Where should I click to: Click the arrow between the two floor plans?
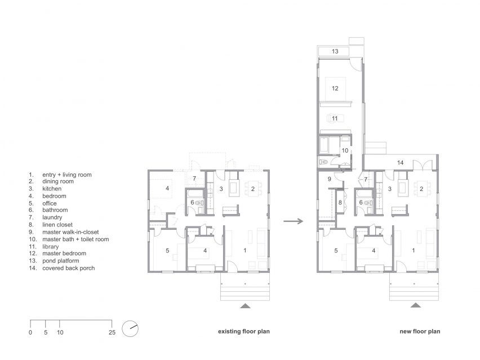293,221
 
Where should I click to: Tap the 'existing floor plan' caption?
244,331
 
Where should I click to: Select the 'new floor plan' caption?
420,331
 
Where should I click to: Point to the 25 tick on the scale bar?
112,324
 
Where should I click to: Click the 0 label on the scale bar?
30,332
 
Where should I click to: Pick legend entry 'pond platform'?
61,261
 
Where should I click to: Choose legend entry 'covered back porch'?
69,268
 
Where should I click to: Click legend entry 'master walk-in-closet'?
70,232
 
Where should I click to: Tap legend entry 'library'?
50,246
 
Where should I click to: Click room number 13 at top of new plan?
335,51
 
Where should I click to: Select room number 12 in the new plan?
335,88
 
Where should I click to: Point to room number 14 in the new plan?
400,163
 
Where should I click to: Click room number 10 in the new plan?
345,150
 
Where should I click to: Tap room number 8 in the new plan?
340,202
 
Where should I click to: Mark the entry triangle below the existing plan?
245,305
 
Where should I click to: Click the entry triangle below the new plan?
415,305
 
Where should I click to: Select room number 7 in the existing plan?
194,179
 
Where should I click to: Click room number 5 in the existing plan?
167,251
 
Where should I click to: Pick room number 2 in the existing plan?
252,189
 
